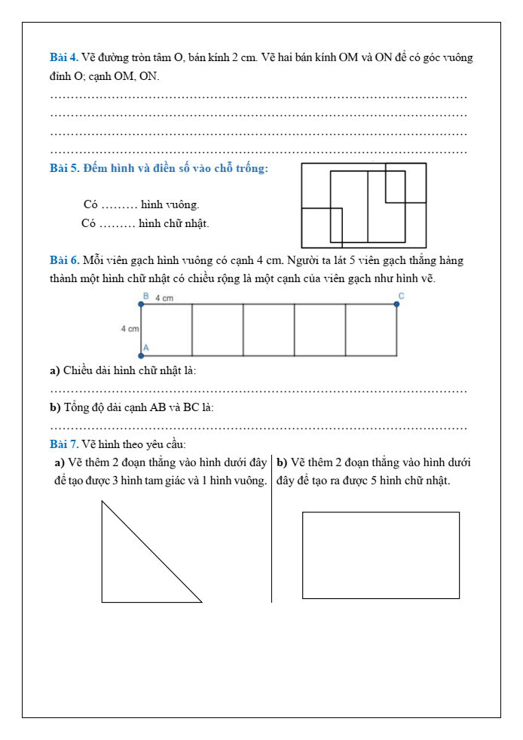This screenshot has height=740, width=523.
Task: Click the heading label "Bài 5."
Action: [65, 167]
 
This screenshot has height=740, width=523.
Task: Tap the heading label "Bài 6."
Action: [65, 261]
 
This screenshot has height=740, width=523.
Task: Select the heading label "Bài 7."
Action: [65, 444]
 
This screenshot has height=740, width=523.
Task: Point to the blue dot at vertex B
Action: [141, 304]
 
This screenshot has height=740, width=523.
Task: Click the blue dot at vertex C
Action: [397, 304]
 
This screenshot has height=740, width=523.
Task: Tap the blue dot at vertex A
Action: [141, 355]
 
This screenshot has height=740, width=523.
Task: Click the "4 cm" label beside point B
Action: [164, 299]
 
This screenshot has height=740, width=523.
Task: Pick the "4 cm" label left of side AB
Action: [130, 330]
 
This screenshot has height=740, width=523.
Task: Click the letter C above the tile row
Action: [401, 296]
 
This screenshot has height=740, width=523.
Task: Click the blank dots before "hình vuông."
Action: [118, 205]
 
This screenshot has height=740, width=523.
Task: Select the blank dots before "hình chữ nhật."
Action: [117, 224]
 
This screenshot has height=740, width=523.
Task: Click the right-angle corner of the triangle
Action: [103, 601]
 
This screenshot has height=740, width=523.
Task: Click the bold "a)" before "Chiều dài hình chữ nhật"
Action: [54, 370]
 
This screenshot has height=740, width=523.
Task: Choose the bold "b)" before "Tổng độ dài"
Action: [54, 407]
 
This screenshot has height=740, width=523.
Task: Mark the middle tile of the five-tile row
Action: [269, 330]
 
